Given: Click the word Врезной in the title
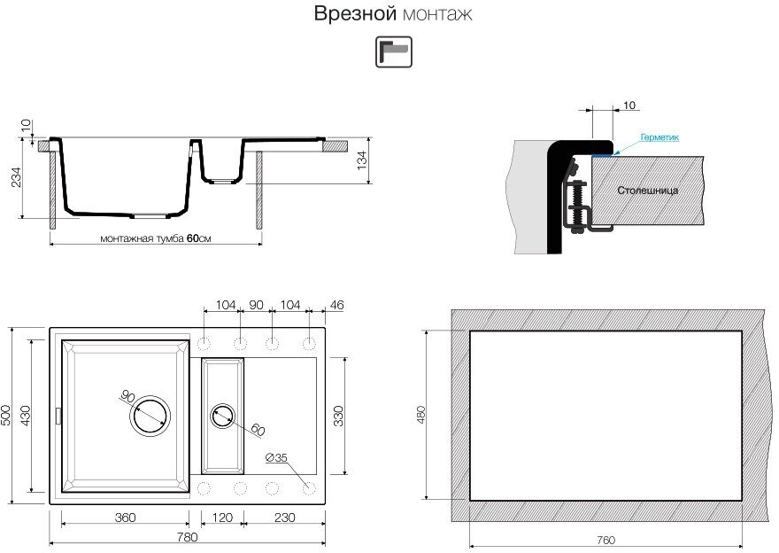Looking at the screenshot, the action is pos(355,13).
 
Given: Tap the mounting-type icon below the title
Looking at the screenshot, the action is pos(393,51).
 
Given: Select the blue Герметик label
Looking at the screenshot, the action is pos(659,137).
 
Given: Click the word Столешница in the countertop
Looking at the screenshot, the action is pos(647,190).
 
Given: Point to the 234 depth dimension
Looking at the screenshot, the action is pos(17,177).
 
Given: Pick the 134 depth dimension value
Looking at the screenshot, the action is pos(362,160).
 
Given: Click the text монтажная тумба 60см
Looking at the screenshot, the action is pos(156,238).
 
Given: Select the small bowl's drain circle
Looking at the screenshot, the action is pos(222,417).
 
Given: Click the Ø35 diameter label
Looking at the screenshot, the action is pos(276,457).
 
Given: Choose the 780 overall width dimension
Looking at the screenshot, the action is pos(187,537).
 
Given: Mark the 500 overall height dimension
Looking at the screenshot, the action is pos(6,416).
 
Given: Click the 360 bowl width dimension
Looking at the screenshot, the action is pos(125,518).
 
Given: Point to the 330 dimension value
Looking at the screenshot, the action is pos(338,417).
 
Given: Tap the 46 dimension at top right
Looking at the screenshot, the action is pos(336,305).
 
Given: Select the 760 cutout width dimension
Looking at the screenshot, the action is pos(605,540).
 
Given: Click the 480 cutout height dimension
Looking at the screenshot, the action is pos(421,415).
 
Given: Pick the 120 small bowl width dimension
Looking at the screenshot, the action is pos(222,518).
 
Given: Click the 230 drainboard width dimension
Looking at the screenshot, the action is pos(285,518).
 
